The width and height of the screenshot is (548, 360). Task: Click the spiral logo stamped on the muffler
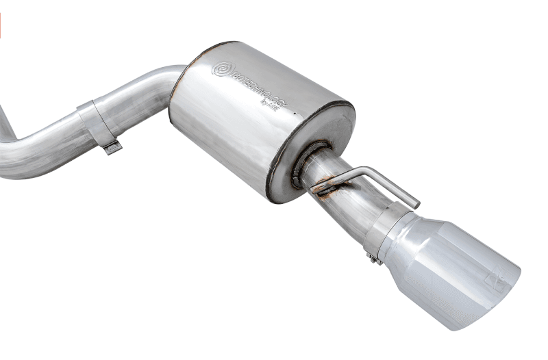[x=223, y=69]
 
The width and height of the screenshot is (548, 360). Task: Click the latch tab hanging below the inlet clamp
[x=112, y=146]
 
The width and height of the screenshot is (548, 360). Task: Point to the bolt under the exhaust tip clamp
[x=373, y=258]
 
